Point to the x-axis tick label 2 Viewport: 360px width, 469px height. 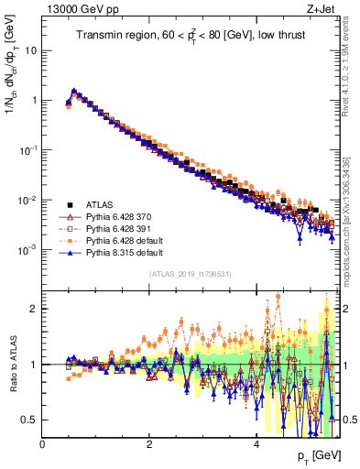pyautogui.click(x=149, y=443)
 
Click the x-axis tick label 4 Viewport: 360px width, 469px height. pyautogui.click(x=256, y=443)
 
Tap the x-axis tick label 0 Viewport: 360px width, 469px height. pyautogui.click(x=43, y=443)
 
